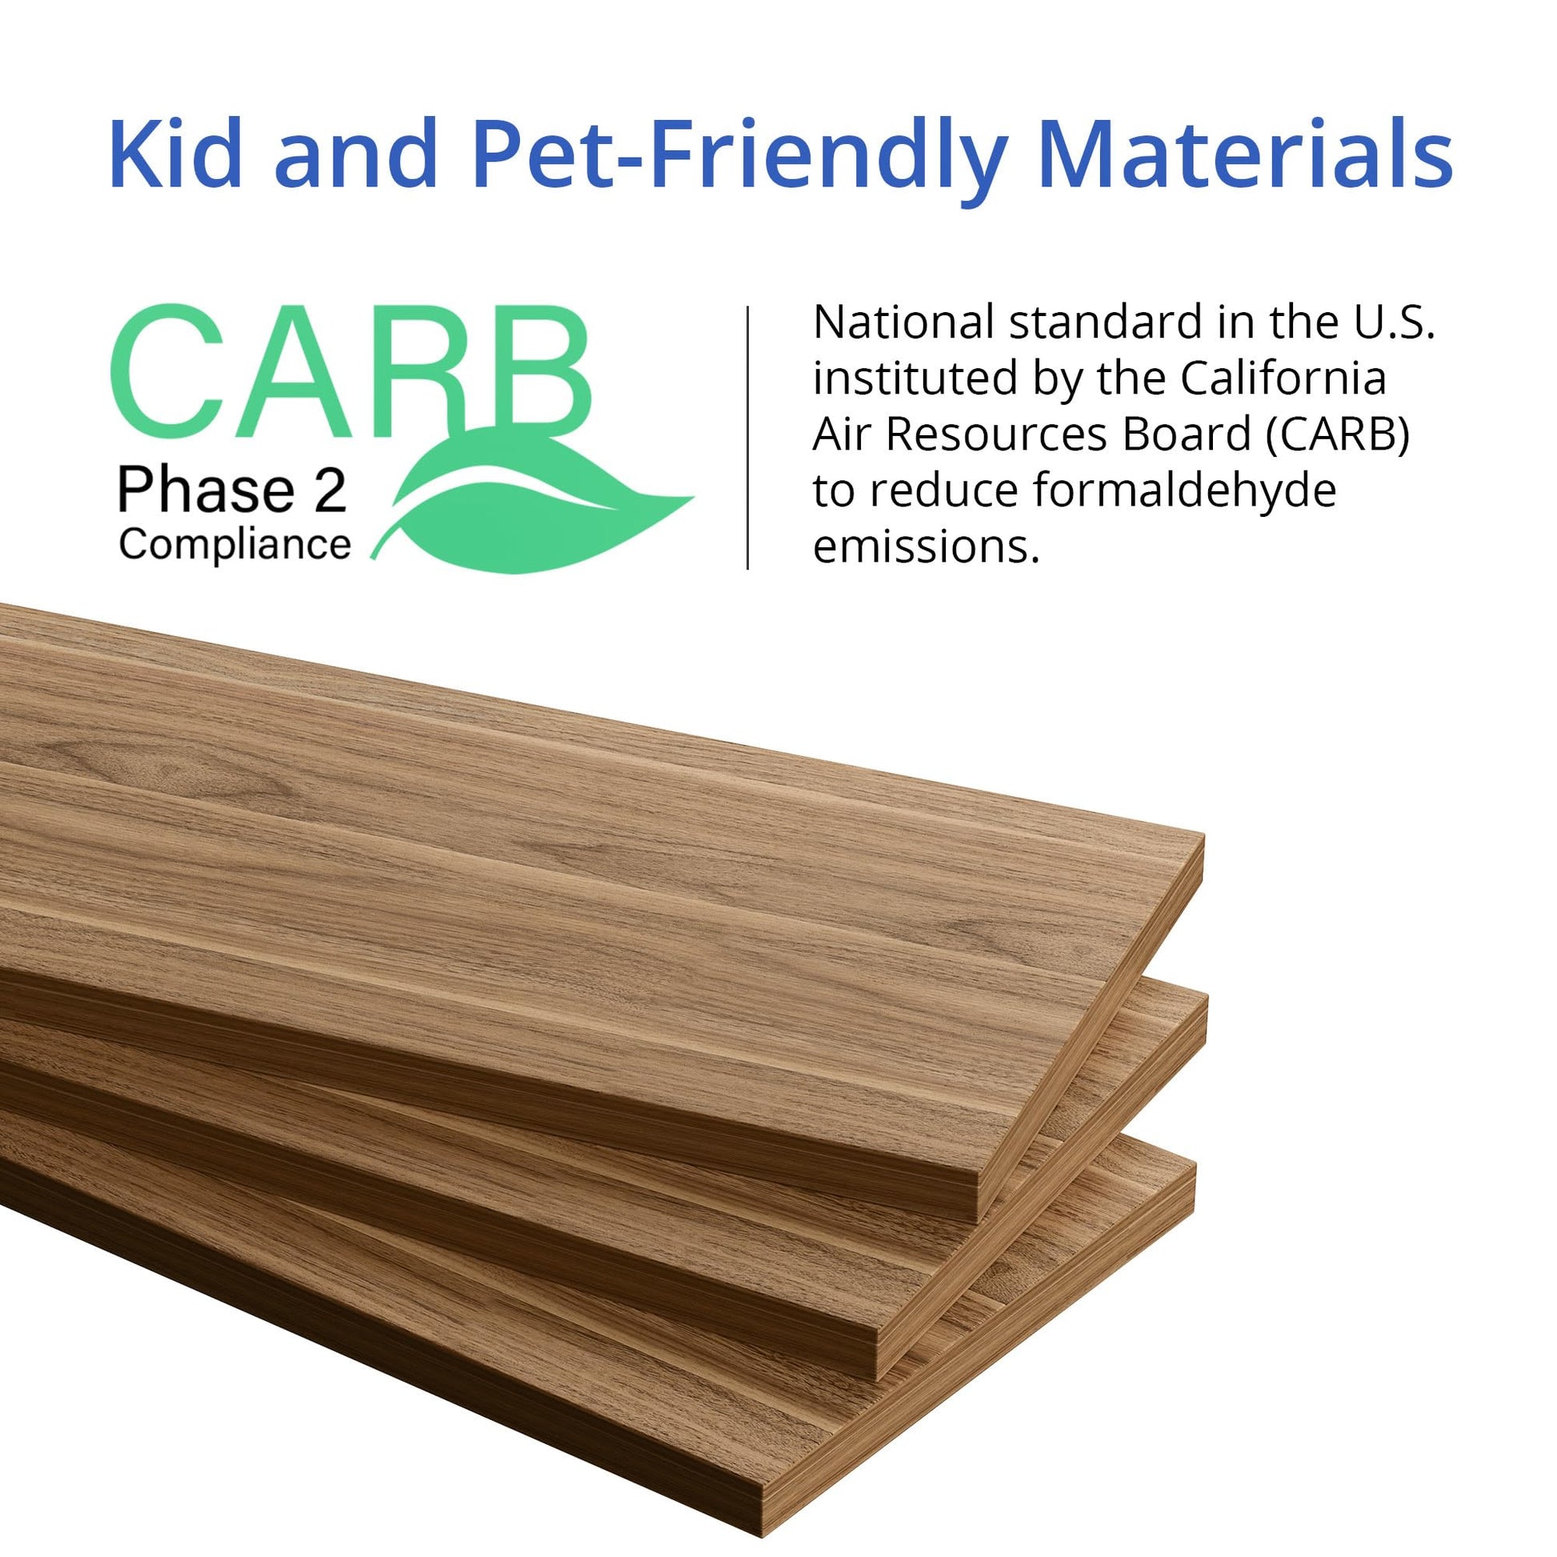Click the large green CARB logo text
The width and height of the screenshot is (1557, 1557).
point(351,370)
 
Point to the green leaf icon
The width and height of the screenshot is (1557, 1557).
point(532,499)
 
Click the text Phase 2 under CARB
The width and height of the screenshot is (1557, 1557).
point(232,490)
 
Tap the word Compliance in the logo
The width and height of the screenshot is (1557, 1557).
point(234,546)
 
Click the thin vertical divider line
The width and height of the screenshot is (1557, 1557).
point(748,438)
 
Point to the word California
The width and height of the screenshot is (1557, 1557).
point(1283,378)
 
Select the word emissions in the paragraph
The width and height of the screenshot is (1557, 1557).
point(926,547)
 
